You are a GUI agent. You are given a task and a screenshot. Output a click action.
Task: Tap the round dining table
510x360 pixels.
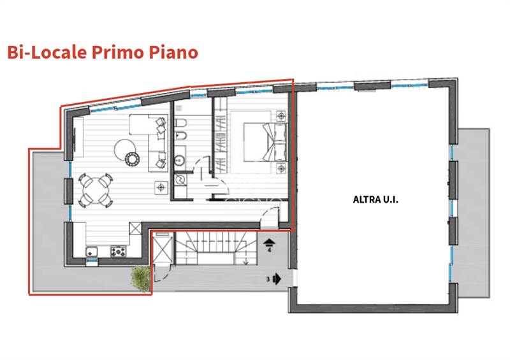tap(95, 189)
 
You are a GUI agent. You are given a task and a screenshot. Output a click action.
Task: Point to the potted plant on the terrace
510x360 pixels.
tap(140, 277)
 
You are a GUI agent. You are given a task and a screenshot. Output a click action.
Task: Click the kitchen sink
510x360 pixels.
tap(92, 252)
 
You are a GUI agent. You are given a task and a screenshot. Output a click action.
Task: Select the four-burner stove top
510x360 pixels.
tap(119, 252)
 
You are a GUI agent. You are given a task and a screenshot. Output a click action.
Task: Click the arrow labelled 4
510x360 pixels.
tap(268, 241)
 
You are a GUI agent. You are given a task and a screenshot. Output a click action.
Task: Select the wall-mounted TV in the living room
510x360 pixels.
tap(75, 137)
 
